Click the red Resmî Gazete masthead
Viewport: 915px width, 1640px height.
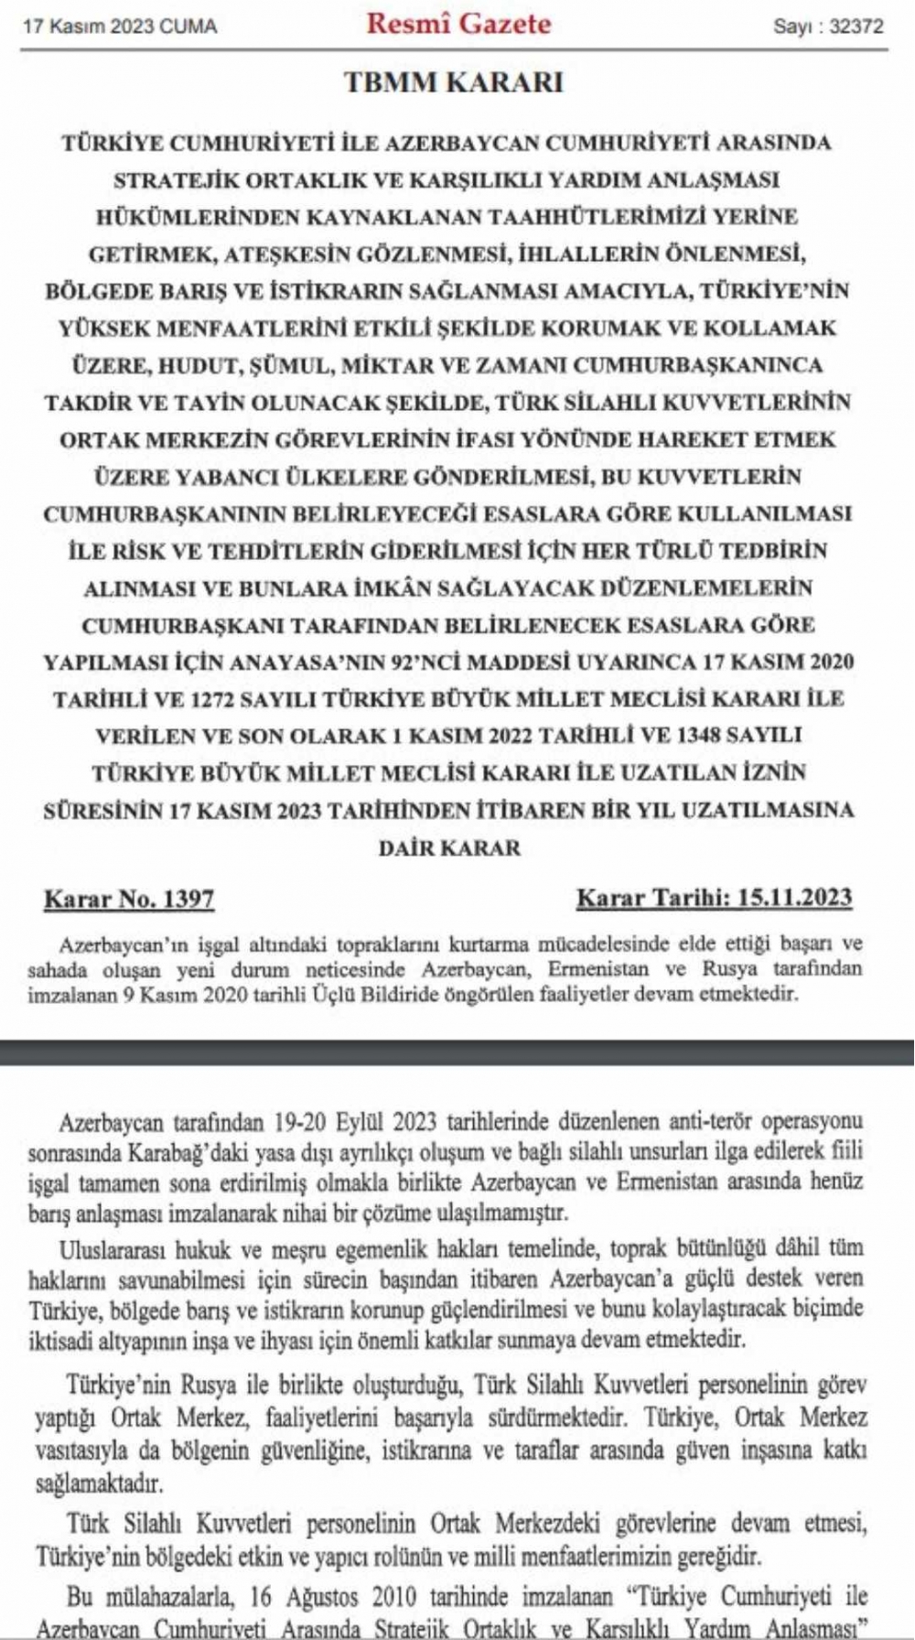[458, 24]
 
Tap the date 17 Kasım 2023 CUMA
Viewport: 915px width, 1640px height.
[120, 27]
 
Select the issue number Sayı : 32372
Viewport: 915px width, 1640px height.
[828, 27]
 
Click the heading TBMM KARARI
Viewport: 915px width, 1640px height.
[454, 82]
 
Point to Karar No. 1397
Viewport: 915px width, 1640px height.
[129, 899]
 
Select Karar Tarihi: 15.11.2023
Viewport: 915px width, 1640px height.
[714, 898]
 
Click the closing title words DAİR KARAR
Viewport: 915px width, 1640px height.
[449, 847]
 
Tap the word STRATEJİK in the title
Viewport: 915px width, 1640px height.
[173, 180]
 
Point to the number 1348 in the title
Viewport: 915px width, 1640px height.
[717, 736]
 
